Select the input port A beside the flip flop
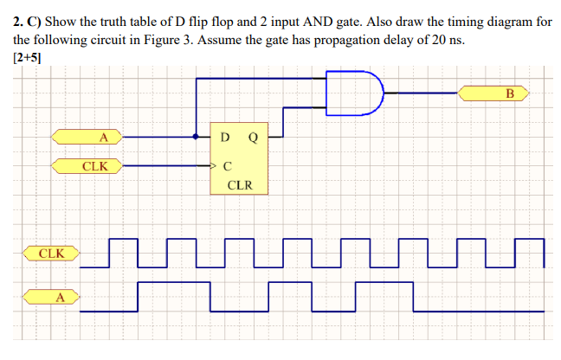(x=87, y=136)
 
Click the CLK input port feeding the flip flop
(x=87, y=164)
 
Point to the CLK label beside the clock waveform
(x=51, y=254)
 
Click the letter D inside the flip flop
(x=225, y=137)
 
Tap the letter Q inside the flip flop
(x=252, y=137)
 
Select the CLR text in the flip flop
(x=239, y=184)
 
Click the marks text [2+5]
(x=28, y=57)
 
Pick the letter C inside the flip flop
(x=227, y=164)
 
